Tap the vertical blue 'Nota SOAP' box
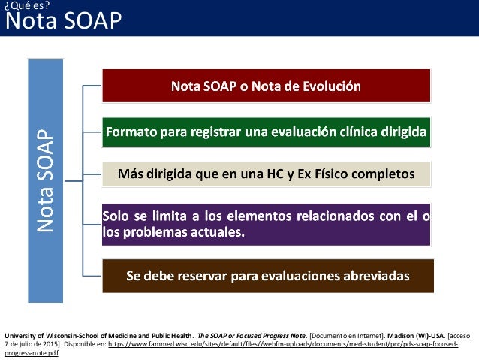pos(46,181)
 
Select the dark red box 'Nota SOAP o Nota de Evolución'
pos(267,85)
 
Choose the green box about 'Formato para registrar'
pos(267,132)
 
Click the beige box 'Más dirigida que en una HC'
pos(267,174)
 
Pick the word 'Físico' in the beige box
pos(351,174)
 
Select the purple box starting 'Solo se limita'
pos(267,224)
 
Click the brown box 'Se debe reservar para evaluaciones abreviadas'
pos(267,275)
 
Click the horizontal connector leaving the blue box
pos(74,181)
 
